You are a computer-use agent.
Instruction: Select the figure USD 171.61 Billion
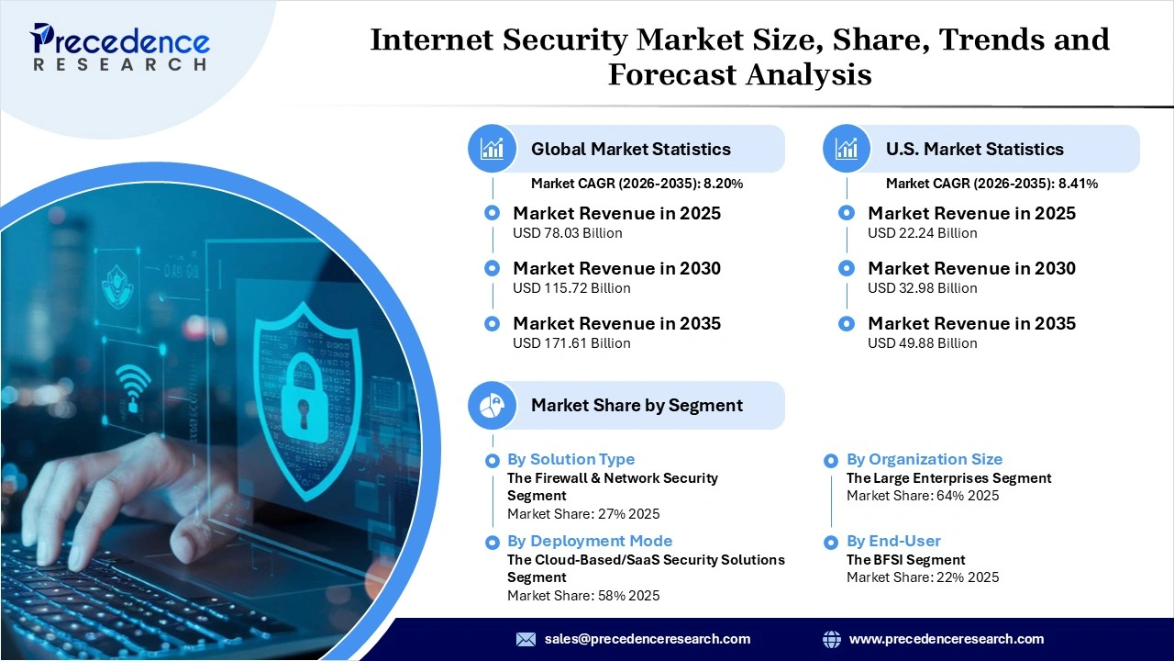(571, 343)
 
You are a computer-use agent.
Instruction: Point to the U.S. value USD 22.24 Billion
(922, 233)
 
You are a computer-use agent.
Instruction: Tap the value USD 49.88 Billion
(922, 343)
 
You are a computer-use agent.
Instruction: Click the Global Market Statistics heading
(630, 149)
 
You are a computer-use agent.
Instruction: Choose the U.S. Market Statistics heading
(974, 149)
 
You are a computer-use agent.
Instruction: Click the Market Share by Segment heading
(637, 405)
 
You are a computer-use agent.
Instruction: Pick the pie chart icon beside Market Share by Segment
(493, 405)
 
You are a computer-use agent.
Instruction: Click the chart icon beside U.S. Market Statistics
(847, 149)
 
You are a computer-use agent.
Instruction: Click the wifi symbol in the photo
(133, 385)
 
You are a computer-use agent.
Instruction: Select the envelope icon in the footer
(526, 639)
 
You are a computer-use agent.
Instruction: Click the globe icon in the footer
(832, 639)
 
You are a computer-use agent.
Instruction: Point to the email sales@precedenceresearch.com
(647, 639)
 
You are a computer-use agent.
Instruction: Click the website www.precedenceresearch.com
(947, 639)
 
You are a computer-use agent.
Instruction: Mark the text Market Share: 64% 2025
(922, 496)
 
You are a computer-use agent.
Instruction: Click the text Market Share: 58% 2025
(582, 596)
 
